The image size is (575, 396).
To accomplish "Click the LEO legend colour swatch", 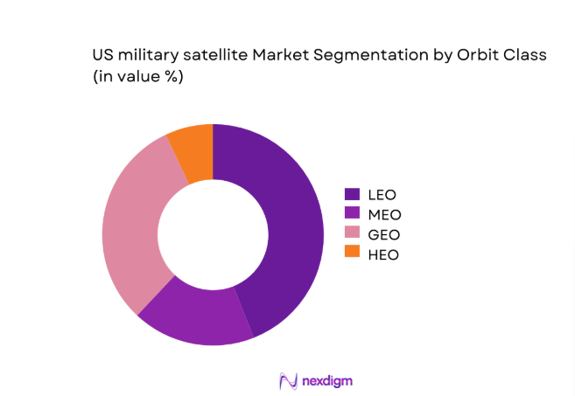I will [352, 194].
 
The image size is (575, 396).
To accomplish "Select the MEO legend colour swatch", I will [352, 214].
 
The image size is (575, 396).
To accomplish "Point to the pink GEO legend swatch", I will [352, 233].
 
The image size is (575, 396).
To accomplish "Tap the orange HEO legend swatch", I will [352, 254].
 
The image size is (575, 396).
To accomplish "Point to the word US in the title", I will [102, 55].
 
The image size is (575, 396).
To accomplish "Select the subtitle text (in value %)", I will [142, 77].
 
